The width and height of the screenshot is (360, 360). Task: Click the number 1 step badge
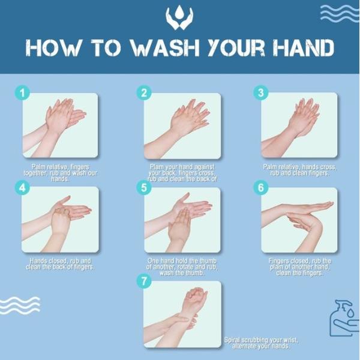pos(22,93)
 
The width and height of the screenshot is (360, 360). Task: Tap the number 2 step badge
pos(144,93)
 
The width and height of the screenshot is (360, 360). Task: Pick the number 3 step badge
pos(260,93)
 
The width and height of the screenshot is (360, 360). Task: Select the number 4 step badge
pos(22,187)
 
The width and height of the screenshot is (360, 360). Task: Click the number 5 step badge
pos(144,187)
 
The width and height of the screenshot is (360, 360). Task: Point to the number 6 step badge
pos(260,187)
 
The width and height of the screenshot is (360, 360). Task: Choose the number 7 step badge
pos(144,281)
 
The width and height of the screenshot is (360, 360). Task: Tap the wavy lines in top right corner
pos(339,13)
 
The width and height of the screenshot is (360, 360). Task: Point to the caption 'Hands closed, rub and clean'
pos(61,264)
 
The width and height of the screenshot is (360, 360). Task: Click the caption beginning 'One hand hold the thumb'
pos(180,267)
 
